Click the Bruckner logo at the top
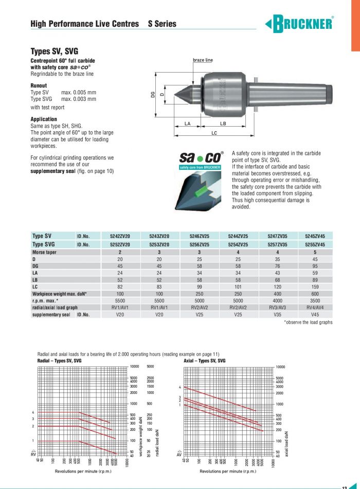coord(299,23)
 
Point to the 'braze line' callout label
coord(203,60)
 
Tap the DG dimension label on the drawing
coord(153,94)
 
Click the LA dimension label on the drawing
coord(188,124)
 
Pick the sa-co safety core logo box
coord(200,160)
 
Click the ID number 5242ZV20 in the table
coord(120,236)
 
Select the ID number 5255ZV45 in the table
coord(315,236)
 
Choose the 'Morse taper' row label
coord(44,252)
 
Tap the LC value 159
coord(315,286)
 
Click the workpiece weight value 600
coord(315,294)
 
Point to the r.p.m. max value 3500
coord(315,301)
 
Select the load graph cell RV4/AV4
coord(315,307)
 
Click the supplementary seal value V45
coord(315,314)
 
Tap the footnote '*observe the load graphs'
coord(308,322)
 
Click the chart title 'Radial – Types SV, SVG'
coord(60,361)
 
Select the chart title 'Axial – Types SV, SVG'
coord(204,361)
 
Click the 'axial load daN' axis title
coord(286,443)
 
